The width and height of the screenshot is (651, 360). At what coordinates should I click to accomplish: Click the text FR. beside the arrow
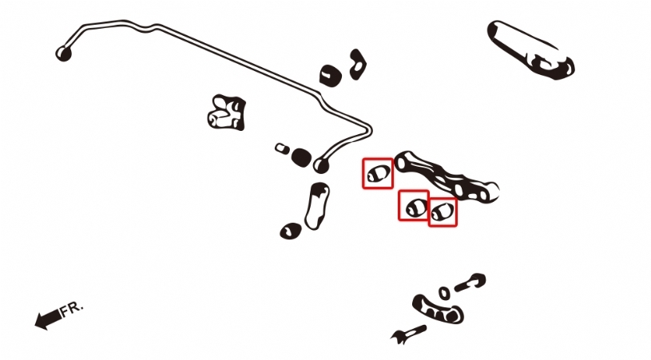click(72, 310)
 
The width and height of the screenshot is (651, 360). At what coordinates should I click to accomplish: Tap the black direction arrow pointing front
click(48, 319)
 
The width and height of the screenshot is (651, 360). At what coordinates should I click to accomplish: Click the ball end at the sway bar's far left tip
click(64, 53)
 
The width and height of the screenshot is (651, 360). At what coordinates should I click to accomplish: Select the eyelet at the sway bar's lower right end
click(321, 164)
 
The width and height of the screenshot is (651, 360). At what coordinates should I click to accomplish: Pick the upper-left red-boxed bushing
click(378, 174)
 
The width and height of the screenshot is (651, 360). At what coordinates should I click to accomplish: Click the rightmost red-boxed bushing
click(442, 212)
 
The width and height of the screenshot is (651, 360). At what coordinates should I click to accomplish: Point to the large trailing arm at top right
click(531, 49)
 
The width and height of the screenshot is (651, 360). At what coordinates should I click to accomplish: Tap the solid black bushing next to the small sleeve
click(301, 156)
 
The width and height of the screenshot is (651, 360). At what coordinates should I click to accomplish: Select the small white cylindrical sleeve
click(282, 148)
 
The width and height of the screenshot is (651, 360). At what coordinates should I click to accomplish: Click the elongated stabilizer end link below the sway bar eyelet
click(317, 206)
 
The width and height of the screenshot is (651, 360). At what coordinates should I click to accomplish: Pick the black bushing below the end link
click(291, 231)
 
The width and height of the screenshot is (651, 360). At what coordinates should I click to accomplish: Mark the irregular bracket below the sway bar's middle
click(226, 113)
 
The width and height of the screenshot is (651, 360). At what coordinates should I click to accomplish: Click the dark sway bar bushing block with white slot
click(331, 76)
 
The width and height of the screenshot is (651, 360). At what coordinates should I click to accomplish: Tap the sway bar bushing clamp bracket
click(357, 65)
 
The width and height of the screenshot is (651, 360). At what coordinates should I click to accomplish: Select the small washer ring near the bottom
click(444, 293)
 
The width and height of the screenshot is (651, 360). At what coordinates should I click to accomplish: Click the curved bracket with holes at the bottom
click(438, 310)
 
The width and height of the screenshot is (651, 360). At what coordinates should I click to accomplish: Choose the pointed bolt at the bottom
click(408, 332)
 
